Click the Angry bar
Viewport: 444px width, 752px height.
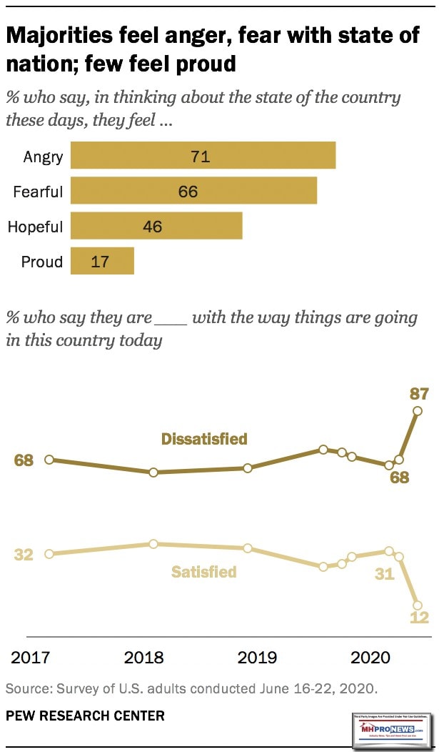(x=203, y=156)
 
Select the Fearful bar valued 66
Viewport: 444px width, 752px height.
(x=193, y=192)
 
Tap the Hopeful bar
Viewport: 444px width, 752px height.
(x=156, y=227)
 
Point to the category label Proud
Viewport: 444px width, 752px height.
(x=41, y=262)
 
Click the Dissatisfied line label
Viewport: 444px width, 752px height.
(x=204, y=439)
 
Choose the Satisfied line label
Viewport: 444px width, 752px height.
(x=203, y=572)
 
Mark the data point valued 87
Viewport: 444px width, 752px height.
(x=418, y=410)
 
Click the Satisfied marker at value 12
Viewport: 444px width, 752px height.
(x=418, y=605)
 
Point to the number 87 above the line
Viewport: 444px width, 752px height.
(x=418, y=392)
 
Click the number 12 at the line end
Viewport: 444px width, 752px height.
(x=419, y=618)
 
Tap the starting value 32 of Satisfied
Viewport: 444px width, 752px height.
(x=24, y=554)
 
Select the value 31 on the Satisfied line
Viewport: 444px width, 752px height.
(x=384, y=573)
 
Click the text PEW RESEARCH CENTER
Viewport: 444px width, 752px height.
(x=85, y=716)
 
